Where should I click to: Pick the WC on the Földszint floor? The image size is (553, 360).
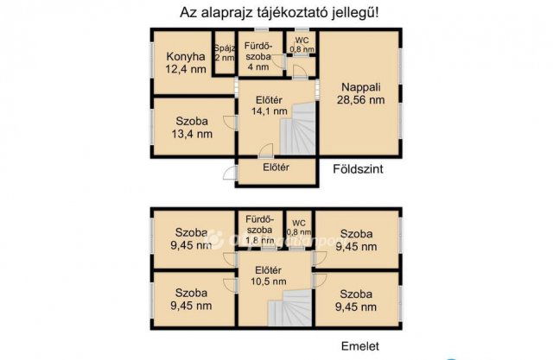(301, 45)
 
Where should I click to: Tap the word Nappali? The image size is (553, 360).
(360, 86)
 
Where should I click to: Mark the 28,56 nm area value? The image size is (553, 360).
(360, 99)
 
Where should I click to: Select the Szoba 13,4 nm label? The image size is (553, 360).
(192, 127)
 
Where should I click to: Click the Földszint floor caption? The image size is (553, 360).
(357, 170)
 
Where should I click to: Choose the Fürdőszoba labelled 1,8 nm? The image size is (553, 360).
(259, 230)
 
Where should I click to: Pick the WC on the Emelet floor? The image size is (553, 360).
(298, 227)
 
